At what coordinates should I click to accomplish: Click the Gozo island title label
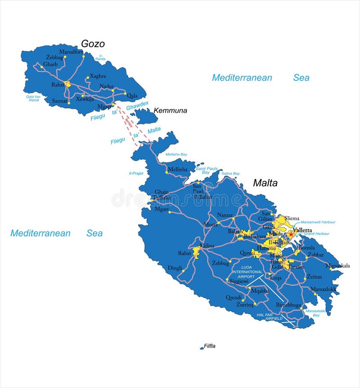coord(93,44)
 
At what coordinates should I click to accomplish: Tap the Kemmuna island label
coord(170,111)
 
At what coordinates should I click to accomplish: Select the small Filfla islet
coord(202,348)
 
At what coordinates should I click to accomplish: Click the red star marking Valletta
coord(292,234)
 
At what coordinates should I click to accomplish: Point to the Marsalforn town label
coord(71,52)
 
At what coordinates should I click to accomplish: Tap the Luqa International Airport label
coord(247,272)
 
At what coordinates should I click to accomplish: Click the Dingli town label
coord(175,268)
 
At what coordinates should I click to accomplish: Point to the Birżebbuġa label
coord(288,305)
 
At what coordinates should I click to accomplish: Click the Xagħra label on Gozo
coord(98,76)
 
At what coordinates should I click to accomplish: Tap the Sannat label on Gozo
coord(59,101)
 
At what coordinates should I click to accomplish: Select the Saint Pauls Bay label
coord(206,170)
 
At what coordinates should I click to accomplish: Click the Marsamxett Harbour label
coord(318,222)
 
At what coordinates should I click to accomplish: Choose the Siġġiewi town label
coord(238,281)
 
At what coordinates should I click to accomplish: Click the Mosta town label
coord(210,224)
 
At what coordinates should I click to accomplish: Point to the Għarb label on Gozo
coord(50,64)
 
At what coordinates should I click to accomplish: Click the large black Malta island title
coord(265,183)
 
